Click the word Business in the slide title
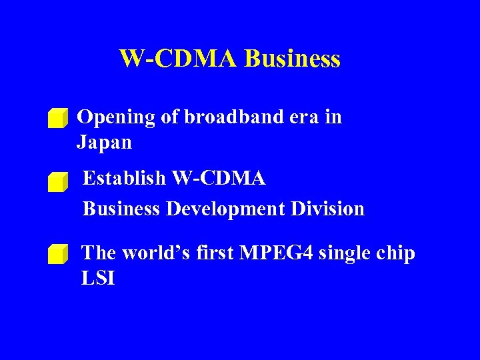(x=292, y=59)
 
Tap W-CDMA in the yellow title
(x=178, y=59)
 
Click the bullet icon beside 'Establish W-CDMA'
(x=58, y=182)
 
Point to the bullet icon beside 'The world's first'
(x=58, y=254)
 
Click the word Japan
(x=104, y=143)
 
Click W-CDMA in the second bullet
(x=219, y=179)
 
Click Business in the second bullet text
(x=121, y=209)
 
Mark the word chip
(x=397, y=254)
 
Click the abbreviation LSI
(x=97, y=279)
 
